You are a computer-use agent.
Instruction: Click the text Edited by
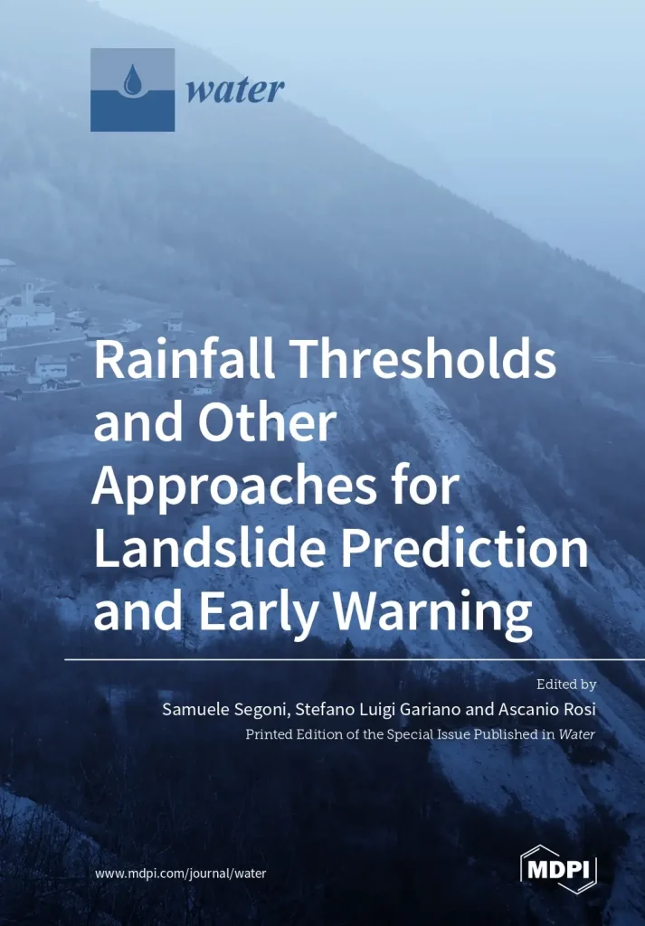566,685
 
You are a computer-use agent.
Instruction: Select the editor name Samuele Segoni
221,709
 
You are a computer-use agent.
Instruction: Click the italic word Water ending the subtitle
577,734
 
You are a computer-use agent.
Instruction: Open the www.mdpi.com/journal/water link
180,874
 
